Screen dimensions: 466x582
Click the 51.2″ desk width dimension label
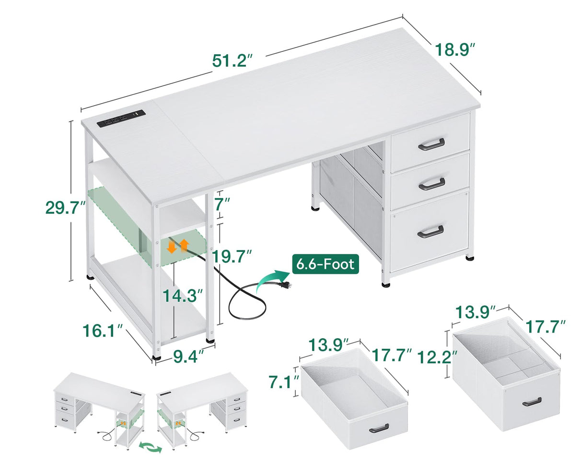click(x=232, y=60)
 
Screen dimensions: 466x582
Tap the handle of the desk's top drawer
click(x=431, y=143)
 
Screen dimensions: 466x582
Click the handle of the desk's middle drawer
click(x=431, y=183)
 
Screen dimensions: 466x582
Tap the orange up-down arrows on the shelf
click(x=177, y=246)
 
